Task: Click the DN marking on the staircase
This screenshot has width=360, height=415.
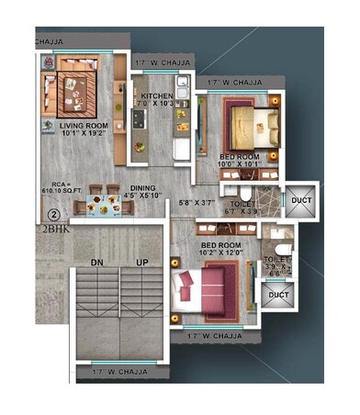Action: pyautogui.click(x=96, y=262)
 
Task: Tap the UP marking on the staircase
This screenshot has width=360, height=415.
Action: pyautogui.click(x=141, y=262)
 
